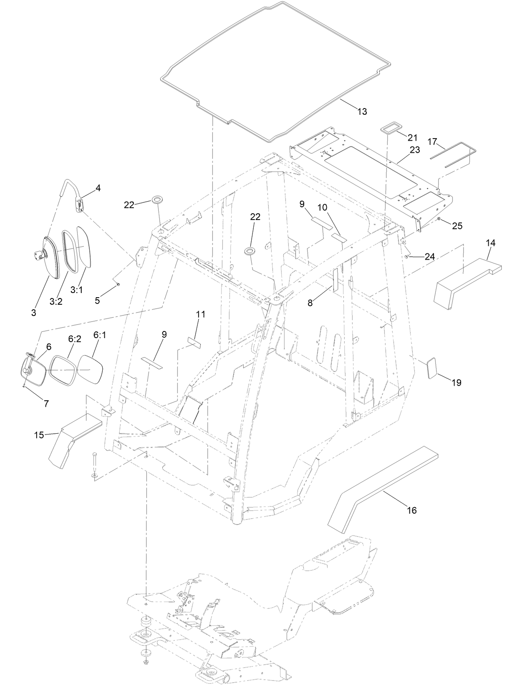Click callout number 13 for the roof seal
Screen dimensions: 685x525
362,111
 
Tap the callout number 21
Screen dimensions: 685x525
412,137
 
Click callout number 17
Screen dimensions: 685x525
432,142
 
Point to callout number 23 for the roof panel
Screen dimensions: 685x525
414,150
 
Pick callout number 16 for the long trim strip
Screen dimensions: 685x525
411,510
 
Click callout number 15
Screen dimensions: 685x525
39,435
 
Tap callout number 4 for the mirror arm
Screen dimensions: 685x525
98,188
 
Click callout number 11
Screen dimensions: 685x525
201,314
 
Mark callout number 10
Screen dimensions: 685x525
334,207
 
